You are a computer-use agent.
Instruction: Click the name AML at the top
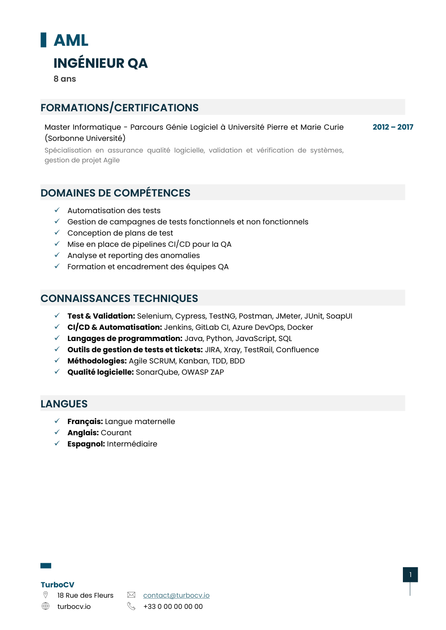(71, 40)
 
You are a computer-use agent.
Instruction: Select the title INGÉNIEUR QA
(101, 63)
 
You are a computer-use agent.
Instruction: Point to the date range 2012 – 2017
(393, 127)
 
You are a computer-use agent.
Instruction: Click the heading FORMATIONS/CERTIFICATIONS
(119, 108)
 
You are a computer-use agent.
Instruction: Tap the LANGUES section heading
(64, 404)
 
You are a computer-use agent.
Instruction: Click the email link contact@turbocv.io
(176, 595)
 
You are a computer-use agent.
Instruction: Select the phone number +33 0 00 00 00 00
(173, 607)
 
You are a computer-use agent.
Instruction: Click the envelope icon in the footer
(131, 595)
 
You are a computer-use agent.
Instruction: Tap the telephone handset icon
(131, 606)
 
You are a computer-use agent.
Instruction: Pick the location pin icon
(45, 595)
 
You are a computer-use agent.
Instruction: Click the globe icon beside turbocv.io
(45, 606)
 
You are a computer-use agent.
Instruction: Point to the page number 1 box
(410, 575)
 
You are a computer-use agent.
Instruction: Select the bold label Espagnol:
(86, 444)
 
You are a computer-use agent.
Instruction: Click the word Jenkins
(178, 328)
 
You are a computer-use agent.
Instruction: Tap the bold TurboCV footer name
(57, 585)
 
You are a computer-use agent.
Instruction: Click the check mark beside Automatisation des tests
(57, 210)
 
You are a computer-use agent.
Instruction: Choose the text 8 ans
(65, 79)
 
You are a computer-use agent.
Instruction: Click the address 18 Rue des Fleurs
(85, 595)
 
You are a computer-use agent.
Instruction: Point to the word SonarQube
(157, 372)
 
